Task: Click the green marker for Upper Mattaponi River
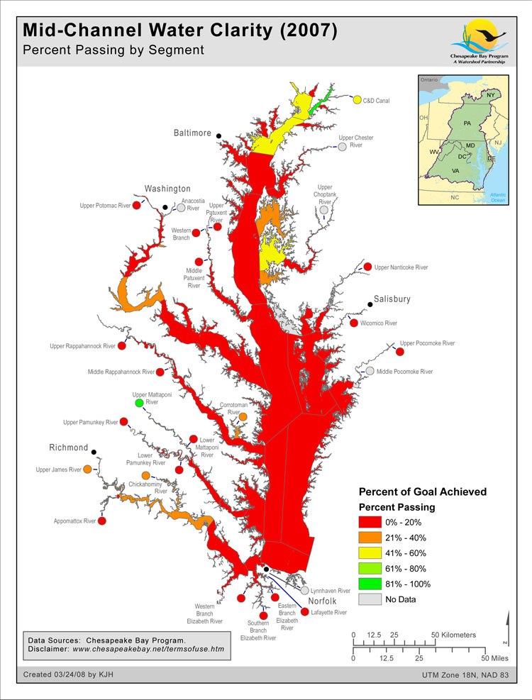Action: [x=139, y=404]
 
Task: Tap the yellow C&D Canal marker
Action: [x=357, y=100]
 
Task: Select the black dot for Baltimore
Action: [x=219, y=136]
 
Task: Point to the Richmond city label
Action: [x=69, y=448]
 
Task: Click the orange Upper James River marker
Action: [x=87, y=470]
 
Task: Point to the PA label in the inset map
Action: [x=467, y=123]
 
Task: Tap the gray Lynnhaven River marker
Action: [x=304, y=590]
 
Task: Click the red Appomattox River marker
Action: [x=102, y=521]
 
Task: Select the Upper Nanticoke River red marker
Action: [x=367, y=267]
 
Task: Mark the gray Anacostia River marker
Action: [x=181, y=209]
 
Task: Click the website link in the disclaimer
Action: [x=148, y=648]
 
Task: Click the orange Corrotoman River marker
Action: [x=243, y=417]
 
